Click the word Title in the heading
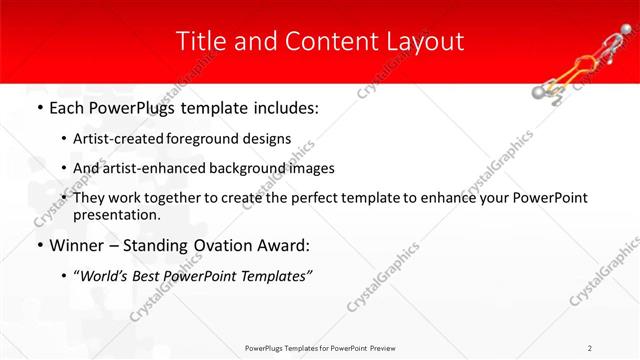coord(200,41)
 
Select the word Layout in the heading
coord(424,41)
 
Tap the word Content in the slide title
coord(312,41)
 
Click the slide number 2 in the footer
coord(590,347)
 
